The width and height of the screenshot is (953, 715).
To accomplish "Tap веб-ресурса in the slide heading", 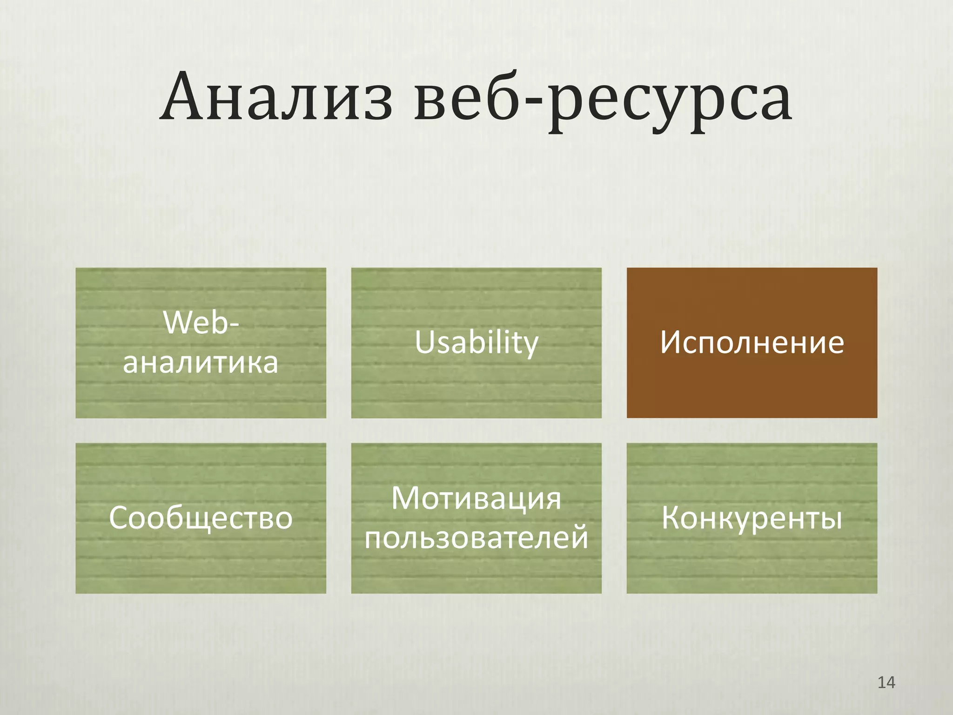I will click(603, 100).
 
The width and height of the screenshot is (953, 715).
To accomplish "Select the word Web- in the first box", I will click(201, 322).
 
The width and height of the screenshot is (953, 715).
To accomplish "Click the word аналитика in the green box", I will click(201, 363).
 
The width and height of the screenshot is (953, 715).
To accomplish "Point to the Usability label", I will click(476, 343).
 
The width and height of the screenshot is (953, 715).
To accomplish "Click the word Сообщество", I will click(201, 518).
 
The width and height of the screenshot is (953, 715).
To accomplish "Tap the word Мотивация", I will click(476, 499).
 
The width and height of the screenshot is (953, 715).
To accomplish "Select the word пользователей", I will click(476, 538).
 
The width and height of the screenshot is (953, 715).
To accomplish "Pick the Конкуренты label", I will click(752, 518).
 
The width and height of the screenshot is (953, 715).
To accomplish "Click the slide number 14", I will click(886, 682).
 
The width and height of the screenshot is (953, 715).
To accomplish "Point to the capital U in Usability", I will click(424, 342).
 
